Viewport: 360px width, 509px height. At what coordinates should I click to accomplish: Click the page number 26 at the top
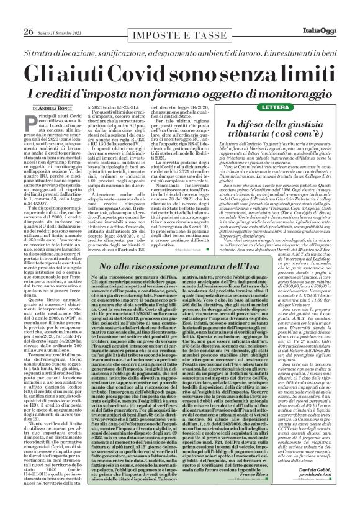pyautogui.click(x=11, y=14)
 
